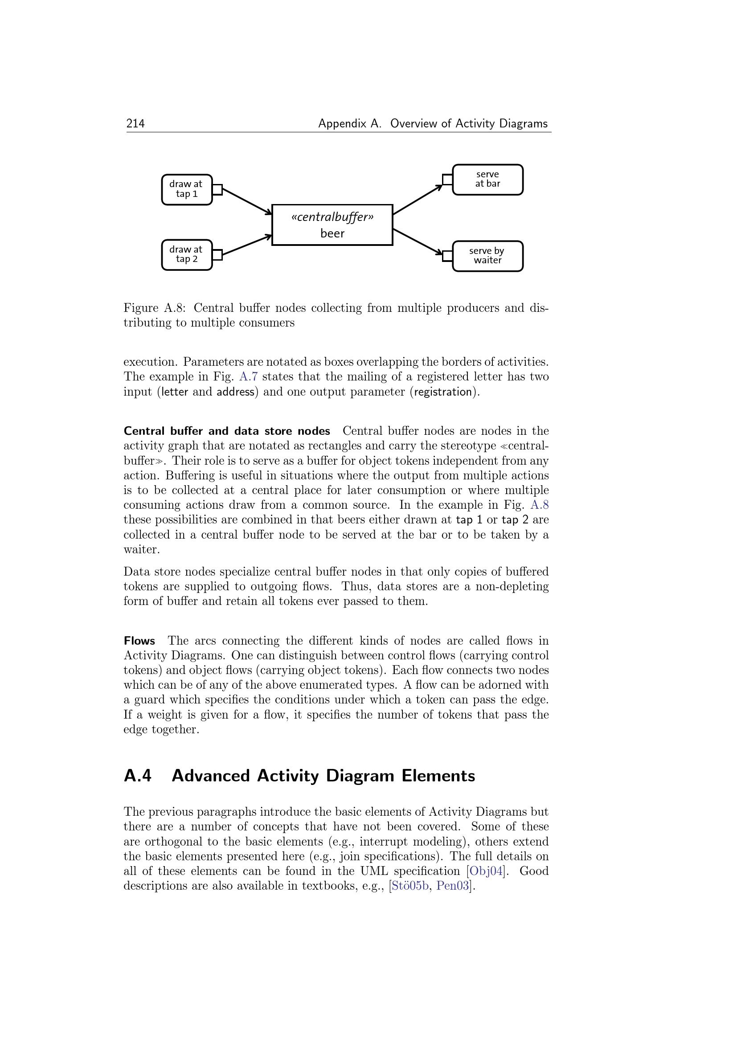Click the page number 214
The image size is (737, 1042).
pyautogui.click(x=135, y=123)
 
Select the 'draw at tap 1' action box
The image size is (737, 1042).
pyautogui.click(x=187, y=189)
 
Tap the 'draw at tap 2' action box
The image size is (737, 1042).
pyautogui.click(x=187, y=255)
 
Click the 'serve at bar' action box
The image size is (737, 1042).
pyautogui.click(x=488, y=179)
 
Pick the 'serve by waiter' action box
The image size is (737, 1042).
pyautogui.click(x=488, y=256)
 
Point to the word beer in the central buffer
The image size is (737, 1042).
pyautogui.click(x=332, y=234)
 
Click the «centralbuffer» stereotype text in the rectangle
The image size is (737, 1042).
pyautogui.click(x=332, y=217)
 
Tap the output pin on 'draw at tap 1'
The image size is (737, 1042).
pyautogui.click(x=217, y=190)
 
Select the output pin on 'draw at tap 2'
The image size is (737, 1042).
pyautogui.click(x=217, y=255)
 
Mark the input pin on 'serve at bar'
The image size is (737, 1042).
pyautogui.click(x=447, y=180)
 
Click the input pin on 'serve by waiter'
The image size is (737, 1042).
pyautogui.click(x=447, y=256)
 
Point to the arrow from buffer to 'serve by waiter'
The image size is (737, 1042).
pyautogui.click(x=417, y=242)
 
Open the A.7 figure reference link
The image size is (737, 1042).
pyautogui.click(x=248, y=377)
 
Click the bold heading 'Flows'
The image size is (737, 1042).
pyautogui.click(x=139, y=641)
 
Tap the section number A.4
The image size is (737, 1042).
pyautogui.click(x=138, y=776)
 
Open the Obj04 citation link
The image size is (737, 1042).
pyautogui.click(x=486, y=871)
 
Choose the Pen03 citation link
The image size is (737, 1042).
pyautogui.click(x=452, y=886)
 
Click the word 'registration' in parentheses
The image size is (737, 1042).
pyautogui.click(x=443, y=392)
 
